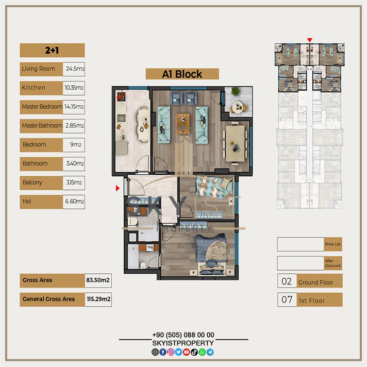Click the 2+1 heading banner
[x=52, y=50]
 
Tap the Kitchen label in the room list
[x=33, y=88]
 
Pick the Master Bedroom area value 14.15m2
[x=74, y=107]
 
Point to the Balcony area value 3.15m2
[x=74, y=183]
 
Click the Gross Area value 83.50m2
[x=98, y=280]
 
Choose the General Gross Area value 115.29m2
[x=99, y=299]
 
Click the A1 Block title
[x=182, y=74]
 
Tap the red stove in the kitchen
[x=121, y=96]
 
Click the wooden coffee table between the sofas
[x=183, y=124]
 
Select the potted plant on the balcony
[x=235, y=91]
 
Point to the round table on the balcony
[x=239, y=108]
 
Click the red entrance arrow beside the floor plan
[x=118, y=188]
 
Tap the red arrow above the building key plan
[x=310, y=40]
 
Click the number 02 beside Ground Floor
[x=287, y=282]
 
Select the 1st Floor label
[x=312, y=300]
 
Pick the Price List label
[x=333, y=244]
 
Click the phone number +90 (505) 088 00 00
[x=183, y=335]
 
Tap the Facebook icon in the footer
[x=163, y=352]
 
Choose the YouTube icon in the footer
[x=186, y=352]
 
